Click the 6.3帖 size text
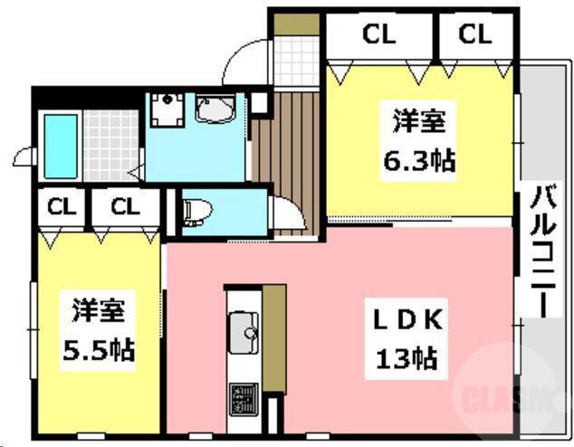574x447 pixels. click(417, 162)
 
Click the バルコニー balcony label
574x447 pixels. click(543, 248)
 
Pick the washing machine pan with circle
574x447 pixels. click(166, 112)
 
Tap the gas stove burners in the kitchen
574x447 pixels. click(243, 395)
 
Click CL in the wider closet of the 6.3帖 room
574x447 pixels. click(378, 35)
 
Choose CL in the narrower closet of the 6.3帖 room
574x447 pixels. click(474, 35)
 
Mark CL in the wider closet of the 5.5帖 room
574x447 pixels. click(125, 205)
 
